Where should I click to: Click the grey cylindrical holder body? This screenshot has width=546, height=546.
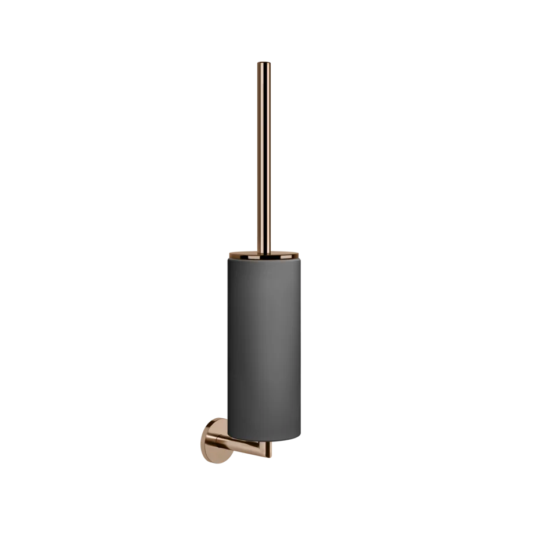[263, 343]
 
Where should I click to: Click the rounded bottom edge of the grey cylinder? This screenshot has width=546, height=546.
[263, 439]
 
